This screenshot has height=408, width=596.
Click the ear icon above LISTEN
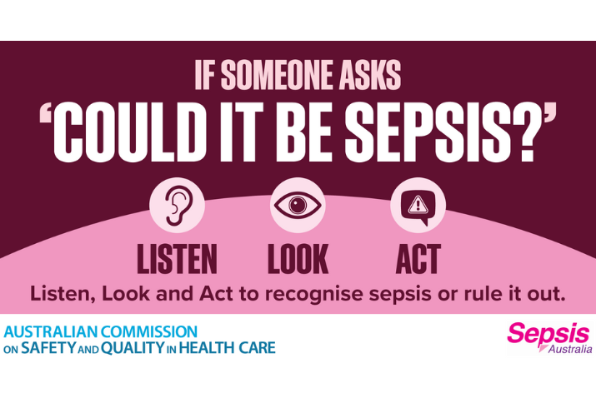177,206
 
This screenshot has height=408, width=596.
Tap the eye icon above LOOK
298,206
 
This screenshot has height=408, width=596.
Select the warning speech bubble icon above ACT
418,206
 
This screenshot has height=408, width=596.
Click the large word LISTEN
177,259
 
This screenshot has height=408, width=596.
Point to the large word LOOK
298,259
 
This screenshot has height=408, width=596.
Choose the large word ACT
418,259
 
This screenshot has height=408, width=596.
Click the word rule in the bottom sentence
479,294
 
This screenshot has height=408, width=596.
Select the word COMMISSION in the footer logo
148,331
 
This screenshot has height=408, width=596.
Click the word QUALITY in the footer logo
133,348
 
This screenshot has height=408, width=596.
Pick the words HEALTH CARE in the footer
227,348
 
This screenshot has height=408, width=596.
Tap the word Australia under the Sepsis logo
570,349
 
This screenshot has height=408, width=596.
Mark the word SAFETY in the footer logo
48,348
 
